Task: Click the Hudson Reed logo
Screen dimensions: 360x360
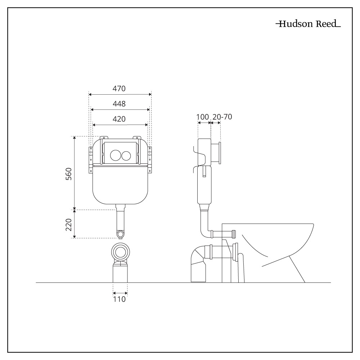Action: coord(308,24)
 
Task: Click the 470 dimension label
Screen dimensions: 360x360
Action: coord(119,89)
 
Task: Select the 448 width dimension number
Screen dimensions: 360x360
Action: coord(119,104)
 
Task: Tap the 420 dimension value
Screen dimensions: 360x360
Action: coord(119,119)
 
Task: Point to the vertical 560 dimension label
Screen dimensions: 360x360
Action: coord(69,174)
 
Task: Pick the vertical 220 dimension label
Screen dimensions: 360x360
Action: coord(69,225)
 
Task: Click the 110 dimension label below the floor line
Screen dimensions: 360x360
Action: coord(120,299)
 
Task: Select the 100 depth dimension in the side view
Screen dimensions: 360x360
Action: coord(202,117)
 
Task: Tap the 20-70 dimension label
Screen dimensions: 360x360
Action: coord(222,117)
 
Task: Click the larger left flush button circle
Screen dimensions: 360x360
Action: coord(116,155)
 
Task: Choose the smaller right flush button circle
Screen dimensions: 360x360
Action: coord(126,156)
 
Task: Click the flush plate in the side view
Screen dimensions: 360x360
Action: coord(220,153)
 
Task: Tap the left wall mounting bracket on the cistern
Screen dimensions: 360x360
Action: coord(90,160)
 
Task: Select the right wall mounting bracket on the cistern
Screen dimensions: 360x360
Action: coord(150,160)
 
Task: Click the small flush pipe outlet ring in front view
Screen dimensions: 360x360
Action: coord(120,234)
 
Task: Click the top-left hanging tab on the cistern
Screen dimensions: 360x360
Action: coord(104,138)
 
